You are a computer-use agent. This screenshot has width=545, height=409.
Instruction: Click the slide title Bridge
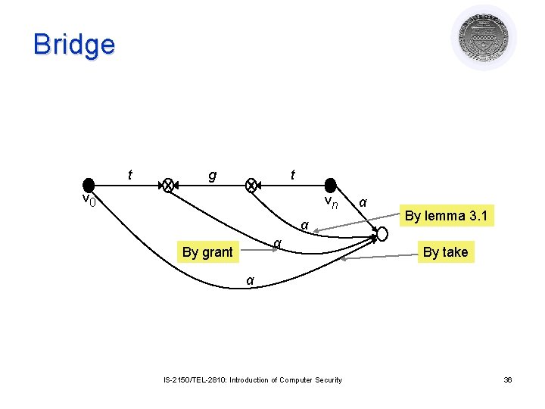pyautogui.click(x=74, y=44)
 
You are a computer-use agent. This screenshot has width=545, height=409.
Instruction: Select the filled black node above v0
pyautogui.click(x=89, y=185)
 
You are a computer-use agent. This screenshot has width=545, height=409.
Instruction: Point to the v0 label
pyautogui.click(x=89, y=200)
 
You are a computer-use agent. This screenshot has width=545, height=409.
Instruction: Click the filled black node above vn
pyautogui.click(x=330, y=185)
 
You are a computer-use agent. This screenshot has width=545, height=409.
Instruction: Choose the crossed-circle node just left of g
pyautogui.click(x=169, y=185)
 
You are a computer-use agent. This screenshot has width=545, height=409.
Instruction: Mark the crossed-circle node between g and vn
pyautogui.click(x=252, y=185)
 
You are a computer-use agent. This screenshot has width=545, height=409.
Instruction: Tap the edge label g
pyautogui.click(x=212, y=176)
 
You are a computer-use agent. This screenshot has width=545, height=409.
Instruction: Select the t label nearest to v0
pyautogui.click(x=130, y=176)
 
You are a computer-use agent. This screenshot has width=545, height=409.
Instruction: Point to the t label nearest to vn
pyautogui.click(x=292, y=176)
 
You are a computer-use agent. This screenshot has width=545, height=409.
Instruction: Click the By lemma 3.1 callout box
pyautogui.click(x=446, y=216)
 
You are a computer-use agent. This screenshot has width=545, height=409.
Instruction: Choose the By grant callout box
pyautogui.click(x=207, y=252)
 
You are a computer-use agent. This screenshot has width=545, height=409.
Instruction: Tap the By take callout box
pyautogui.click(x=445, y=252)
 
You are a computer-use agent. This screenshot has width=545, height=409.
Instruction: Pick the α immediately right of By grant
pyautogui.click(x=278, y=242)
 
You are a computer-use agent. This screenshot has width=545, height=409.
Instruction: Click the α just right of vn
pyautogui.click(x=363, y=202)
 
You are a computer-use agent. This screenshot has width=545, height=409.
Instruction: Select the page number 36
pyautogui.click(x=508, y=380)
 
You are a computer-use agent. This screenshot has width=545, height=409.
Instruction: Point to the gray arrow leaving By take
pyautogui.click(x=378, y=258)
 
